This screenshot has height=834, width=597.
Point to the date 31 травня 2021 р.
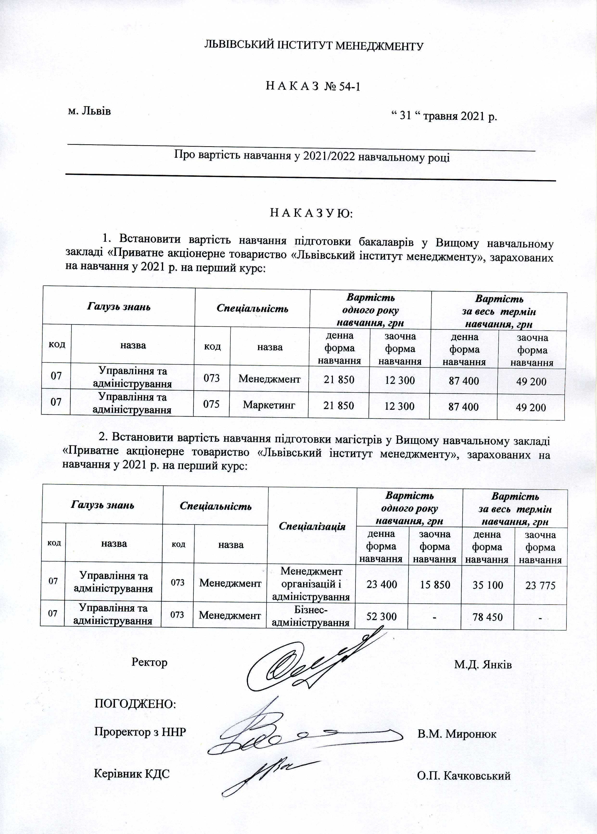tap(444, 116)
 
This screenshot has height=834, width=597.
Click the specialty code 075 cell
tap(211, 404)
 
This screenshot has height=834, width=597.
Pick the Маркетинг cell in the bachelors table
tap(269, 405)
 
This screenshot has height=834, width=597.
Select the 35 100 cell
tap(488, 585)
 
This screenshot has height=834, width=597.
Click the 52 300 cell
tap(381, 616)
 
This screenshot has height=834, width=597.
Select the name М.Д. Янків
tap(483, 665)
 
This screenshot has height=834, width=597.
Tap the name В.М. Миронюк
tap(457, 734)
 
